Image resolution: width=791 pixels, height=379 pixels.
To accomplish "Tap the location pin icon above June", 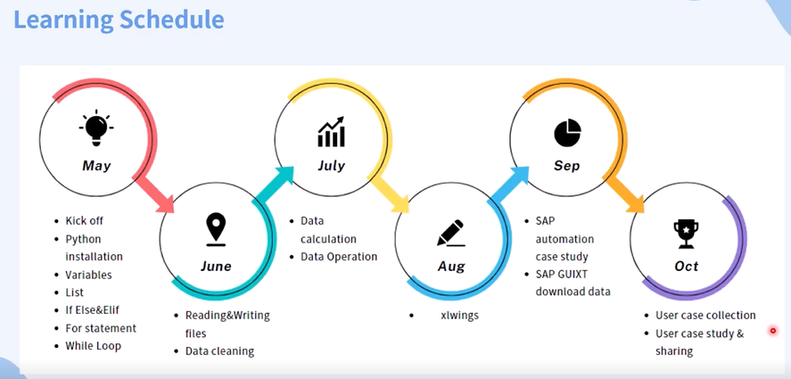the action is click(216, 229).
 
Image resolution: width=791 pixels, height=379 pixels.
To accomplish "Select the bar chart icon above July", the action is click(332, 132).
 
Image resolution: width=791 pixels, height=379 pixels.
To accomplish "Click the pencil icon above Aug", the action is click(450, 233).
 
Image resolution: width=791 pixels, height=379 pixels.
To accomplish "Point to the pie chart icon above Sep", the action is click(567, 132).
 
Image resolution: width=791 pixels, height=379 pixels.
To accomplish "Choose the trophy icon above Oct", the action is click(686, 234).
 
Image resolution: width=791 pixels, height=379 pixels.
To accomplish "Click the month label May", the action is click(96, 166).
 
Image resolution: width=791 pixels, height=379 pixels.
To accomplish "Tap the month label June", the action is click(216, 266).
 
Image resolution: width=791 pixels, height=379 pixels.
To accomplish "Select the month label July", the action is click(332, 166).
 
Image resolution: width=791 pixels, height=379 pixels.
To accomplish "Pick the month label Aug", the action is click(451, 267).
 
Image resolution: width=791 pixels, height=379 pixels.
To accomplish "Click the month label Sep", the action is click(567, 166).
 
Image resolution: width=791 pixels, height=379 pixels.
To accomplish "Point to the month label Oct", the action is click(686, 266).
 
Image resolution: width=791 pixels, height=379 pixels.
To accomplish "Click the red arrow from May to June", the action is click(154, 194).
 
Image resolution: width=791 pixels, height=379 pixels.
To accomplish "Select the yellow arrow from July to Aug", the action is click(389, 194).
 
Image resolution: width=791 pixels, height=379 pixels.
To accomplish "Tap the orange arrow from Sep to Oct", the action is click(624, 194).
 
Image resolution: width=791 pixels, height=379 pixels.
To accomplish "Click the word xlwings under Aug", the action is click(459, 316).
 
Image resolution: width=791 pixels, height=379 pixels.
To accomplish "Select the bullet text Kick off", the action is click(84, 221).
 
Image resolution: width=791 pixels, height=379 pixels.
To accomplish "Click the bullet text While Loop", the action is click(94, 346).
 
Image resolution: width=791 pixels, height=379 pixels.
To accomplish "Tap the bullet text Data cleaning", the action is click(219, 351).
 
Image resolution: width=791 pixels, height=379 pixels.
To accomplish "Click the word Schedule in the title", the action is click(171, 20).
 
